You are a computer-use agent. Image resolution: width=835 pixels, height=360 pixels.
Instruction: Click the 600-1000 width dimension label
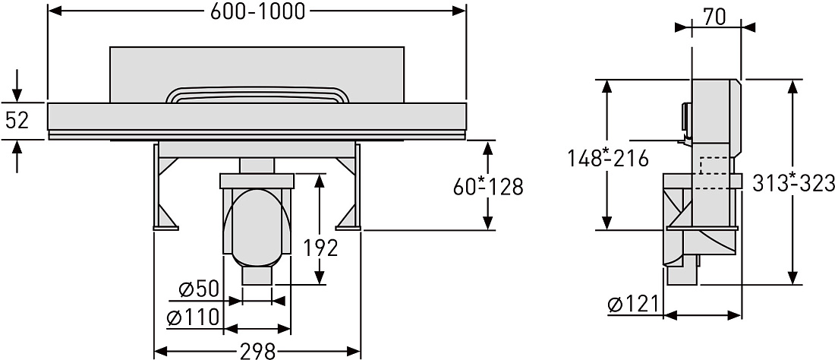coord(257,11)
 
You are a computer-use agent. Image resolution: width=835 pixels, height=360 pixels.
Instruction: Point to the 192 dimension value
coord(320,248)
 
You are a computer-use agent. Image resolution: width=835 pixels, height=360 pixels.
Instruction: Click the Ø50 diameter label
coord(199,289)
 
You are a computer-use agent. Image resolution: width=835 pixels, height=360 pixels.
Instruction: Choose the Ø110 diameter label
coord(193,317)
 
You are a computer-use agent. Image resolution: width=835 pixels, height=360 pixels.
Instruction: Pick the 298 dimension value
coord(258,351)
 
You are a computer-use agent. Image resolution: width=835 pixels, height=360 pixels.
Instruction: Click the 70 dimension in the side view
coord(714,17)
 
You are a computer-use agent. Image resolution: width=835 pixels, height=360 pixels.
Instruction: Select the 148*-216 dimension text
coord(607,158)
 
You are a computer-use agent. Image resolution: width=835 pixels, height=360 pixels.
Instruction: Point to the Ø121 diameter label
coord(632,304)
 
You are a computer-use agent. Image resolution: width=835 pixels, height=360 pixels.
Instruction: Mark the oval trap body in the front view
coord(257,228)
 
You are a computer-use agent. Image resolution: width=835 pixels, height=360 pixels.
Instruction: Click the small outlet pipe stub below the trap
coord(257,276)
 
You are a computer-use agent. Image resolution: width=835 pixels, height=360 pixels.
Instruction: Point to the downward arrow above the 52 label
coord(17,85)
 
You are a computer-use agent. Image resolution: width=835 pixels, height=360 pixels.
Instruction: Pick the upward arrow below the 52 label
coord(17,156)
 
